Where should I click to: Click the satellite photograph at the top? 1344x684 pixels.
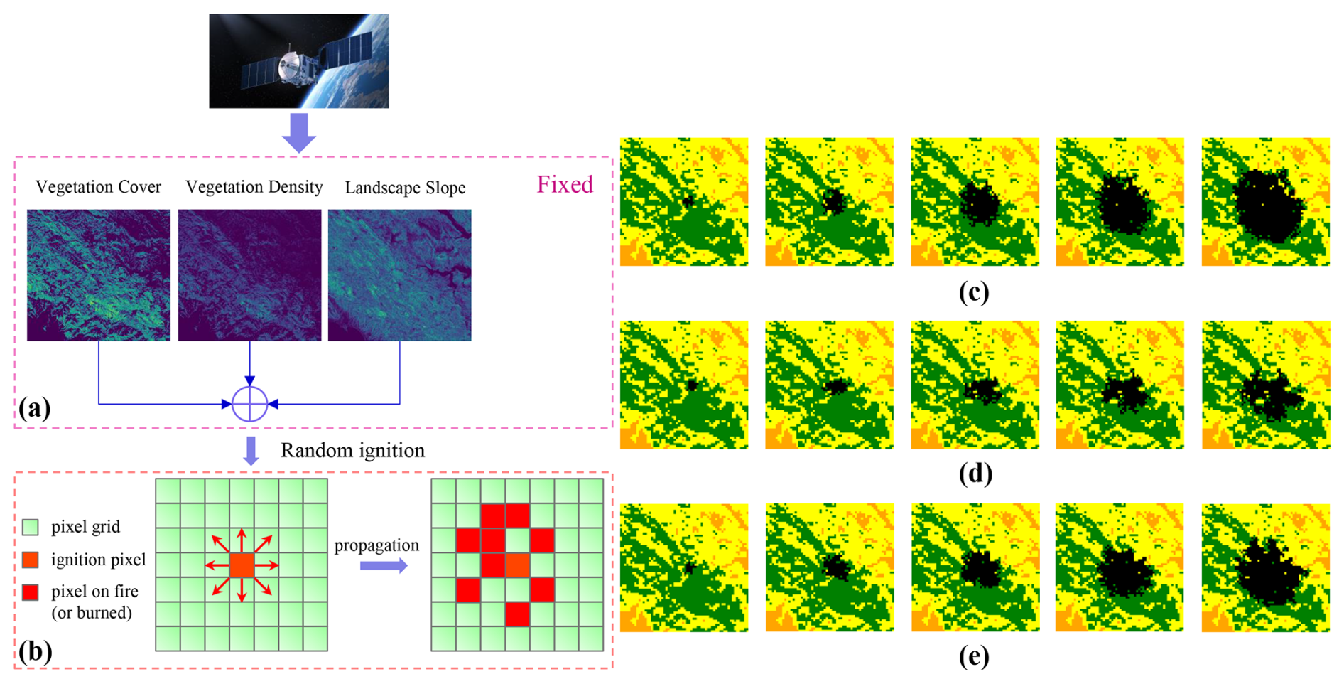tap(298, 61)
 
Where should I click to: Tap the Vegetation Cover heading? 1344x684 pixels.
tap(98, 187)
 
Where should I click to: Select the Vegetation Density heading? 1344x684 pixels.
tap(254, 187)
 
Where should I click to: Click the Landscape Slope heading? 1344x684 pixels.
tap(405, 188)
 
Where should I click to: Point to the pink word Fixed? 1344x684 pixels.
tap(565, 185)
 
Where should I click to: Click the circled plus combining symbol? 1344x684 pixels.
tap(250, 404)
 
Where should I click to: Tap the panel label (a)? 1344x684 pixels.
tap(35, 408)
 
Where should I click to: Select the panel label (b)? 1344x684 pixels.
tap(35, 651)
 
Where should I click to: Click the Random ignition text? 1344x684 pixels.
tap(352, 451)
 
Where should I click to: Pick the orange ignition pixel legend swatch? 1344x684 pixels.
tap(31, 560)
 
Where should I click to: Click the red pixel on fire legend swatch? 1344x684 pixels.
tap(31, 592)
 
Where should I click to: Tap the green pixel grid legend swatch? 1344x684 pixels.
tap(31, 527)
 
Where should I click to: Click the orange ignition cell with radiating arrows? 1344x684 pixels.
tap(242, 566)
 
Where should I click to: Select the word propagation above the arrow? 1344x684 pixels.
tap(376, 545)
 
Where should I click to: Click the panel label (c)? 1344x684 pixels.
tap(973, 292)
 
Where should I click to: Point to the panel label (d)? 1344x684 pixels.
tap(975, 474)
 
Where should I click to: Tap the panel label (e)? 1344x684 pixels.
tap(973, 656)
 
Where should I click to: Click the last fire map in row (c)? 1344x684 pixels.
tap(1265, 202)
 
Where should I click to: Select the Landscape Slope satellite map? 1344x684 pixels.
tap(399, 275)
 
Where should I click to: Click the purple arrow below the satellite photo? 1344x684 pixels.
tap(299, 132)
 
